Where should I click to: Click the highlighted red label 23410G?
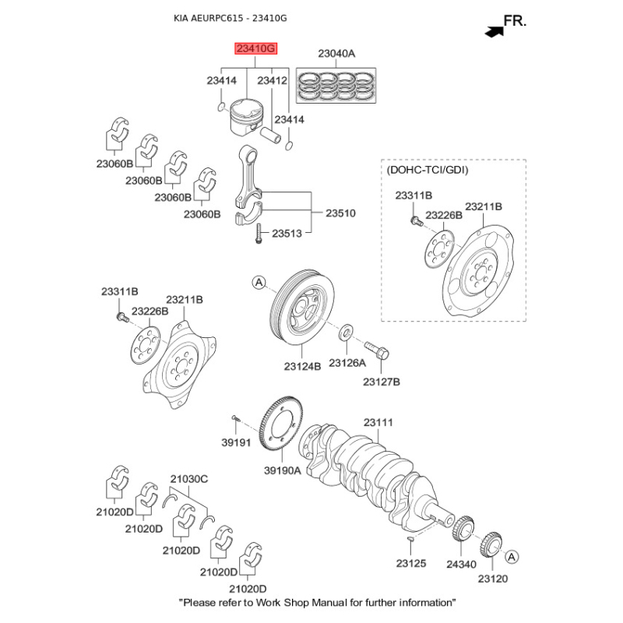[x=256, y=49]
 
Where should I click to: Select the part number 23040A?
[x=336, y=54]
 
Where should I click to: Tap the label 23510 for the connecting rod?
[x=340, y=212]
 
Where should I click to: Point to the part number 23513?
[x=287, y=232]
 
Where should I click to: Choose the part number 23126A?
[x=347, y=363]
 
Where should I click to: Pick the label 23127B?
[x=382, y=382]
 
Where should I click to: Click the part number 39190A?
[x=282, y=470]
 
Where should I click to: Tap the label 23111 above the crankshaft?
[x=379, y=422]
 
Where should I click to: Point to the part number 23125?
[x=410, y=562]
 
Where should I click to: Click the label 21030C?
[x=189, y=478]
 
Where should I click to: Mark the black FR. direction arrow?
[x=493, y=31]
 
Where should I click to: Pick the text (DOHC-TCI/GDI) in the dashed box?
[x=428, y=168]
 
